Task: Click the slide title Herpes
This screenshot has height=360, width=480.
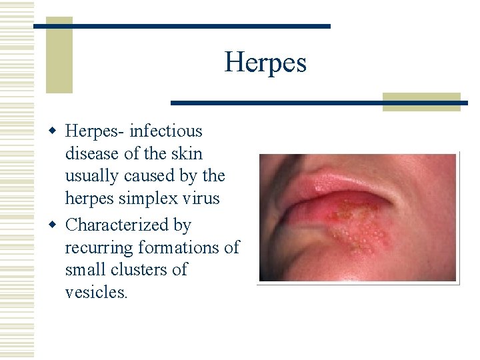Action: pyautogui.click(x=265, y=63)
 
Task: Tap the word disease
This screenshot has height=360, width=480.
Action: pyautogui.click(x=93, y=153)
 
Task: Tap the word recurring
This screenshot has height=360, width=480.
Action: pyautogui.click(x=99, y=247)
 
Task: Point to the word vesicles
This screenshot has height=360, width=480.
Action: pyautogui.click(x=96, y=293)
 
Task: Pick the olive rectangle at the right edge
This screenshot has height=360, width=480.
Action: pyautogui.click(x=422, y=101)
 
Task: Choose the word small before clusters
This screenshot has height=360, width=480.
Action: pyautogui.click(x=86, y=270)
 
